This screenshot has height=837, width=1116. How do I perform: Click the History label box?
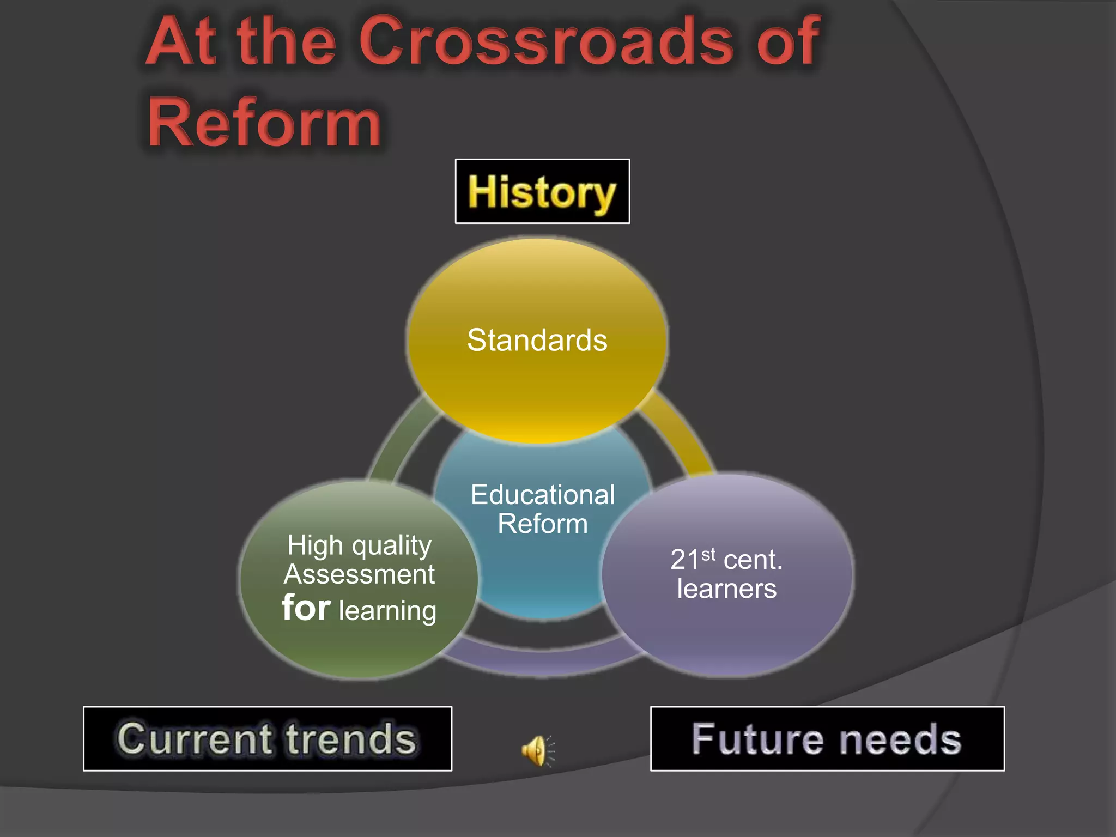pos(542,192)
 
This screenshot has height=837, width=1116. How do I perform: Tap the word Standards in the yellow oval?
pos(537,340)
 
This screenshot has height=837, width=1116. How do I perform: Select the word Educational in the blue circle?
pos(543,495)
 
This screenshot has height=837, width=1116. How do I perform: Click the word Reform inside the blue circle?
pos(543,524)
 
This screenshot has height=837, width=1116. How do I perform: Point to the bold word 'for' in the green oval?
pos(306,608)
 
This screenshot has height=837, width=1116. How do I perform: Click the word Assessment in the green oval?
pos(359,574)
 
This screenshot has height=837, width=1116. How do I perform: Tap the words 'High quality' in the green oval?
pos(359,545)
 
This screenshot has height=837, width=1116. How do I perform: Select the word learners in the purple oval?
pos(726,589)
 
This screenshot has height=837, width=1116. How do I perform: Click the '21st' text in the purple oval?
pos(692,559)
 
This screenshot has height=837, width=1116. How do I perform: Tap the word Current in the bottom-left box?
pos(194,739)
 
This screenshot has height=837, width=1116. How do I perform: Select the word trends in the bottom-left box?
pos(351,739)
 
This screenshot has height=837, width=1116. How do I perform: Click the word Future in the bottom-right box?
pos(757,739)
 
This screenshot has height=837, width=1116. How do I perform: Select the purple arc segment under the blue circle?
pos(542,662)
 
